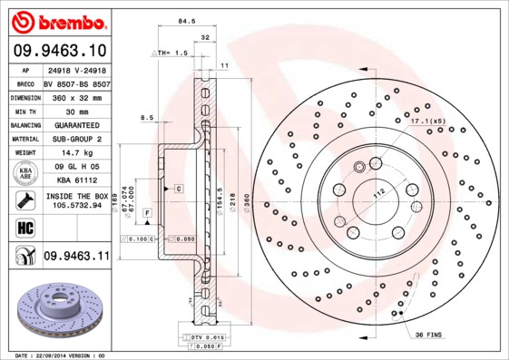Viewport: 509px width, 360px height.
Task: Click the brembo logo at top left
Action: (x=55, y=20)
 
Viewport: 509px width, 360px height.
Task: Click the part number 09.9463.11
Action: (x=76, y=258)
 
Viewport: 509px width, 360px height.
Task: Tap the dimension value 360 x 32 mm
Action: (x=76, y=95)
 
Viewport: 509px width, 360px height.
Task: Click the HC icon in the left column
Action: (x=24, y=227)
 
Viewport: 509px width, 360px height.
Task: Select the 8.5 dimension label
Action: (x=146, y=117)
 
